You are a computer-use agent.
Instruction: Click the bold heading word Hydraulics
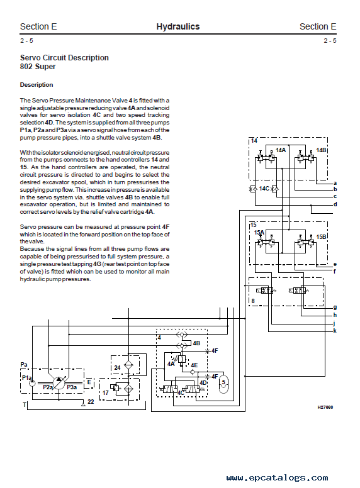click(178, 27)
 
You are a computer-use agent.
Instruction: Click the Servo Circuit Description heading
click(64, 58)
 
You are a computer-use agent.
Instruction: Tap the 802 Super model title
click(38, 67)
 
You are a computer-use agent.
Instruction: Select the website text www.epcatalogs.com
click(277, 478)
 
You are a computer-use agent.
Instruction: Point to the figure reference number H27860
click(325, 407)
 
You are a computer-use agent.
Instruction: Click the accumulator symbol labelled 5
click(223, 384)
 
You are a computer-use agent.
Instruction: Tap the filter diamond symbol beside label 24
click(128, 365)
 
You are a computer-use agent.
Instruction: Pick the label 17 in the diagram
click(106, 393)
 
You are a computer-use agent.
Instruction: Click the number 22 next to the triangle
click(91, 401)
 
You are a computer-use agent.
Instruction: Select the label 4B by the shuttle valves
click(196, 343)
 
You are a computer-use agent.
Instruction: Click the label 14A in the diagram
click(281, 150)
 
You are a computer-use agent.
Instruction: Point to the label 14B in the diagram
click(321, 150)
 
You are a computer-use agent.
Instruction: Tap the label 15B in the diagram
click(321, 237)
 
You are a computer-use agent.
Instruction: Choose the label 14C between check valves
click(264, 189)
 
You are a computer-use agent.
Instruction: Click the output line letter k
click(335, 331)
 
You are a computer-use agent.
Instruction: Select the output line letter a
click(335, 183)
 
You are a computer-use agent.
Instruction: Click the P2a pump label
click(48, 387)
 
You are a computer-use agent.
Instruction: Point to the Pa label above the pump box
click(24, 365)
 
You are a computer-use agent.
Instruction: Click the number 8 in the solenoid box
click(253, 301)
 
